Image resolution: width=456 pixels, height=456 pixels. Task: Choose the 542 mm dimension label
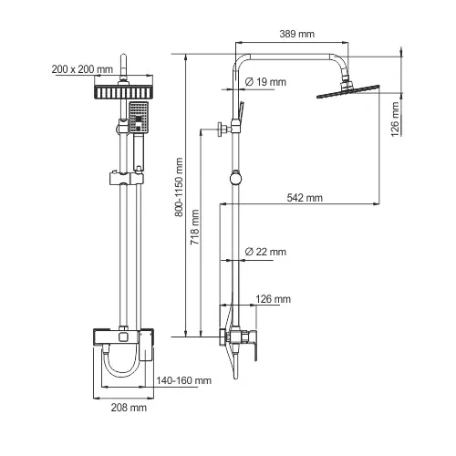click(304, 196)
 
